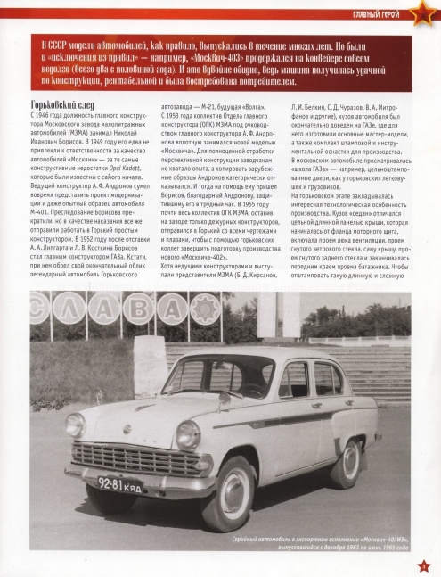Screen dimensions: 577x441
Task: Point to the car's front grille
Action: (x=131, y=457)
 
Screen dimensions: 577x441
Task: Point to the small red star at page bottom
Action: (x=424, y=564)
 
